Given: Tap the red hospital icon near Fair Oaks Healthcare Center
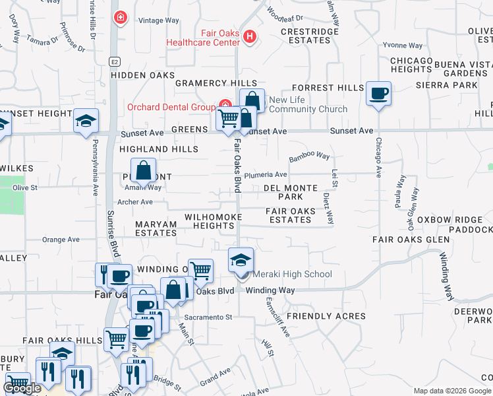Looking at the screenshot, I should pos(249,36).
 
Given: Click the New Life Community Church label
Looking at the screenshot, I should pos(299,104).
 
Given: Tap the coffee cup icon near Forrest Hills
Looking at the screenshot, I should pos(378,94).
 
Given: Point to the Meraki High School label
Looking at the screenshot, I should pos(290,274).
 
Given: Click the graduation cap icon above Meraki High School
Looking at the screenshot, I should pos(241,259).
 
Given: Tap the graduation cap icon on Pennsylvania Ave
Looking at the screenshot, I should pos(86,121).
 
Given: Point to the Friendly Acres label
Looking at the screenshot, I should pos(326,316).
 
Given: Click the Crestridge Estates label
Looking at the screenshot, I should pos(305,36).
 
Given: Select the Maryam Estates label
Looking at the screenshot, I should pos(156,228).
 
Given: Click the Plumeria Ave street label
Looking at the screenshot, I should pos(266,175).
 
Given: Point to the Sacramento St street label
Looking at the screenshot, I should pos(209,317).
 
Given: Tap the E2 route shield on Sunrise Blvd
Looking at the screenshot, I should pos(115,61).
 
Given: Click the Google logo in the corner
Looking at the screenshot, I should pos(22,388).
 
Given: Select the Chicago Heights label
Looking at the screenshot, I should pos(411,65).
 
